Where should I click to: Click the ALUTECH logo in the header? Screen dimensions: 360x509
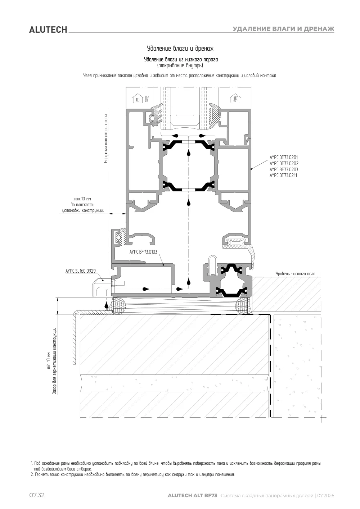click(48, 30)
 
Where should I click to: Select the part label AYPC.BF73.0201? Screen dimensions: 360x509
click(284, 157)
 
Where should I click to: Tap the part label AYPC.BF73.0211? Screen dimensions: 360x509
click(283, 175)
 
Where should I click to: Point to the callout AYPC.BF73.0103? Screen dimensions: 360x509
click(143, 252)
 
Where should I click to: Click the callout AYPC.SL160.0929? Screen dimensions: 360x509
click(81, 271)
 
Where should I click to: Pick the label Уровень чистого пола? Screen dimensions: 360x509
click(296, 274)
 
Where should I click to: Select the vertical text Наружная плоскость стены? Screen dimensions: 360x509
click(106, 138)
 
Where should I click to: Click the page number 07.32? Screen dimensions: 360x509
click(37, 495)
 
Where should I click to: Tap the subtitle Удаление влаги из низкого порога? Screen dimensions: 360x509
click(181, 60)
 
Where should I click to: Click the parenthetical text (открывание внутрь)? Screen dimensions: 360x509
click(180, 65)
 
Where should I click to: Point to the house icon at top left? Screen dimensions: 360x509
click(138, 99)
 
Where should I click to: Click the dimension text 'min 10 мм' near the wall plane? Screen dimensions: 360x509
click(82, 199)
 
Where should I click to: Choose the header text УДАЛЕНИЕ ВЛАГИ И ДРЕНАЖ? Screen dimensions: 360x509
click(283, 29)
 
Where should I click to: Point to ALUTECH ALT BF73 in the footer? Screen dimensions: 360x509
click(192, 496)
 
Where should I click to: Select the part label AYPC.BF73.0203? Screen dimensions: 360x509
click(284, 169)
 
